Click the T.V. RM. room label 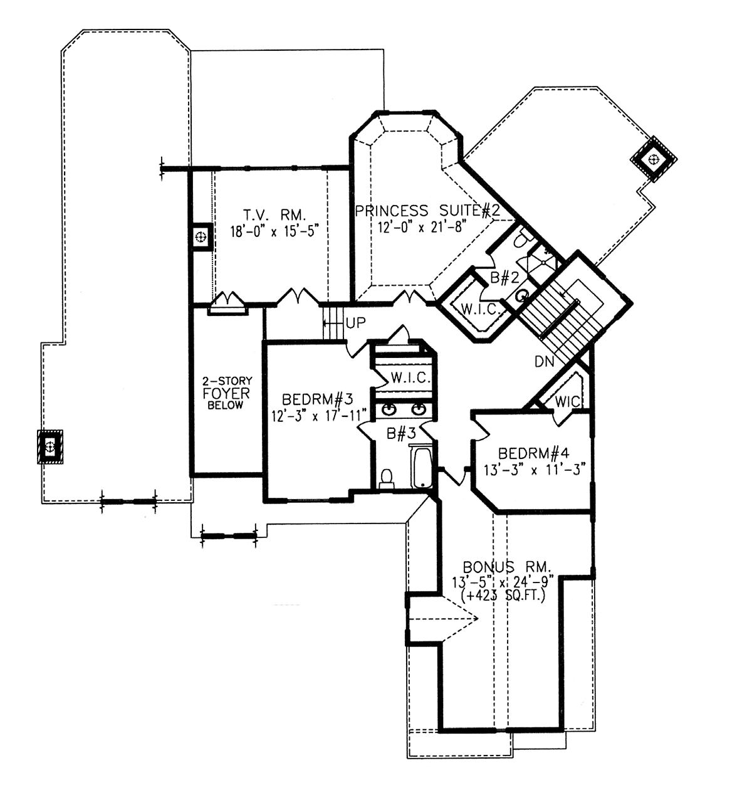pyautogui.click(x=274, y=214)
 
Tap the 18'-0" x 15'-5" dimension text pyautogui.click(x=274, y=231)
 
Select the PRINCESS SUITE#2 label pyautogui.click(x=427, y=211)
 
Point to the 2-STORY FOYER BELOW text pyautogui.click(x=227, y=392)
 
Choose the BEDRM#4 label pyautogui.click(x=533, y=453)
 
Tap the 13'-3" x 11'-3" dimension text pyautogui.click(x=535, y=470)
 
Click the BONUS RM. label pyautogui.click(x=506, y=567)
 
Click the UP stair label pyautogui.click(x=355, y=322)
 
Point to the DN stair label pyautogui.click(x=545, y=362)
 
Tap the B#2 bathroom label pyautogui.click(x=504, y=277)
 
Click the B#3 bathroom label pyautogui.click(x=401, y=433)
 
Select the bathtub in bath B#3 pyautogui.click(x=421, y=467)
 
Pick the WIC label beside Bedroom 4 pyautogui.click(x=567, y=401)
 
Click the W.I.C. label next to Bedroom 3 pyautogui.click(x=410, y=378)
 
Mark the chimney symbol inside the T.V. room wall pyautogui.click(x=201, y=237)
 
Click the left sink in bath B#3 pyautogui.click(x=389, y=410)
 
